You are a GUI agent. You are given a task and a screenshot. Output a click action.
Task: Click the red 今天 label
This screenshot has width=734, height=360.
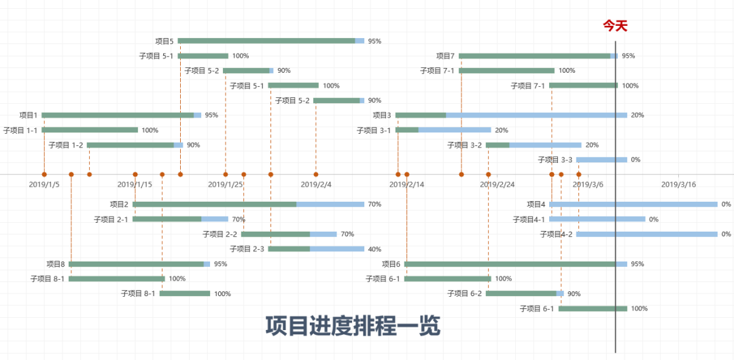click(x=615, y=26)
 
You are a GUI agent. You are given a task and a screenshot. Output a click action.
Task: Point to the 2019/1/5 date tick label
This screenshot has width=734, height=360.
click(x=44, y=184)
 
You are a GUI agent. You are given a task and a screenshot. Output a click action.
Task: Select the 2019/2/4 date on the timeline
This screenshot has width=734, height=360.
click(x=315, y=184)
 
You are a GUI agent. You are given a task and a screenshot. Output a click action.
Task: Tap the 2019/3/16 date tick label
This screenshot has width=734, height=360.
click(x=678, y=184)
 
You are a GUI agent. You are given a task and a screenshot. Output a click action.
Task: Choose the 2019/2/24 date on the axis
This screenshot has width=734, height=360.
click(x=497, y=184)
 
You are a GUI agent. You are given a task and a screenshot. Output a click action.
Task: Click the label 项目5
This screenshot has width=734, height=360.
click(x=164, y=41)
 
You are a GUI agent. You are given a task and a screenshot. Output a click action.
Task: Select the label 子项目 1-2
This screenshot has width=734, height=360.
click(x=66, y=145)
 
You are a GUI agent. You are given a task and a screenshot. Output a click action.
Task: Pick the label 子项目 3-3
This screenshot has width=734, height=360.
click(x=555, y=160)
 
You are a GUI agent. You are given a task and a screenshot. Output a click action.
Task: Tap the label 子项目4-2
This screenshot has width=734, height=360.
click(x=557, y=234)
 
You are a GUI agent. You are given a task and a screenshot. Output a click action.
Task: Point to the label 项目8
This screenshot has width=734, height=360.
click(x=56, y=264)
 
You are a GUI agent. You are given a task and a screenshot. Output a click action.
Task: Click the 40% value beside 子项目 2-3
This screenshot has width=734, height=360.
click(x=374, y=249)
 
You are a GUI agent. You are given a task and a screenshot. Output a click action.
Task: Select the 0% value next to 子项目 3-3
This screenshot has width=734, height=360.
click(x=636, y=160)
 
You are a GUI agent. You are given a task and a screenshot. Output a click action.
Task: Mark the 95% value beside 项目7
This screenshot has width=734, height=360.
click(x=629, y=56)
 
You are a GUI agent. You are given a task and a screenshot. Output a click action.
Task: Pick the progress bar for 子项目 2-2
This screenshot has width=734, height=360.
click(x=289, y=234)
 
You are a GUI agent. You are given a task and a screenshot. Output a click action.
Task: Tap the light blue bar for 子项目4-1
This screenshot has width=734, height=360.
click(x=597, y=219)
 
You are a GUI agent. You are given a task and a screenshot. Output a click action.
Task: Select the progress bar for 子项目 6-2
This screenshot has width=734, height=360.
click(x=524, y=293)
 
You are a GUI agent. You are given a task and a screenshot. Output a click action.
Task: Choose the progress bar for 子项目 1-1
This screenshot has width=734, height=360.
click(x=90, y=130)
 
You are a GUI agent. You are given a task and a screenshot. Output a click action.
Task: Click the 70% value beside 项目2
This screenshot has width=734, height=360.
click(x=374, y=204)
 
